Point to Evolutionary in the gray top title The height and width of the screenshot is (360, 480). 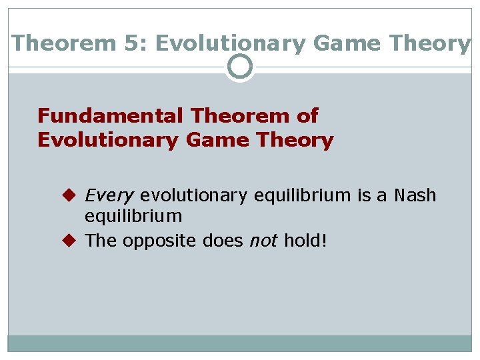coord(230,43)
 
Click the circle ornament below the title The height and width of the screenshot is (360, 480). coord(240,67)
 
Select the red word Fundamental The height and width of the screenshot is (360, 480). coord(111,116)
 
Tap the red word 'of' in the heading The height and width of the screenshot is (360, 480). coord(307,116)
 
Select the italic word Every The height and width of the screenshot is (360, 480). coord(109,195)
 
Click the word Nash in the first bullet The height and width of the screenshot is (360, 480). coord(415,195)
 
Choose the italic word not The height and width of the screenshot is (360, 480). coord(262,241)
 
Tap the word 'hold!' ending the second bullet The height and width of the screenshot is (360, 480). coord(305,241)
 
